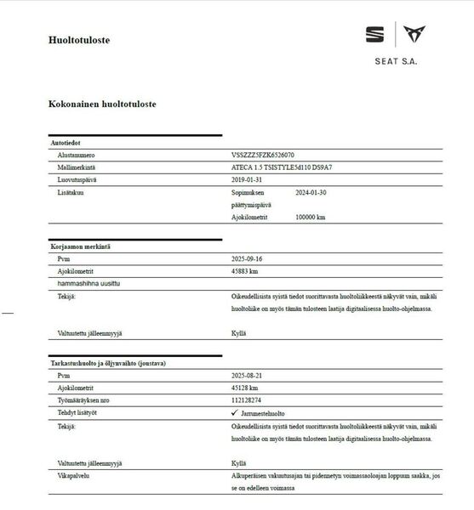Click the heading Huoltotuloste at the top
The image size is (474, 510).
pyautogui.click(x=79, y=39)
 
